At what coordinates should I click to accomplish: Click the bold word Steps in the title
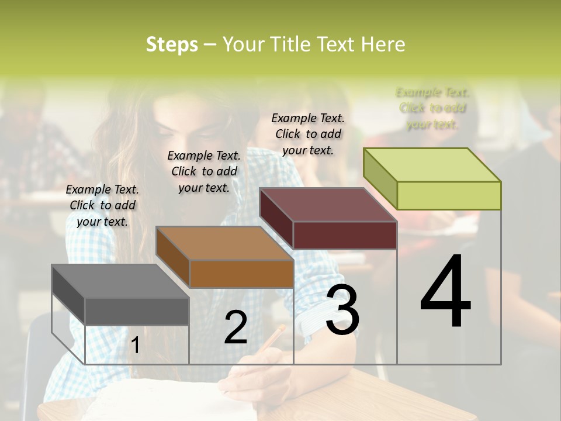[172, 44]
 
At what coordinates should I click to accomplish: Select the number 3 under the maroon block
[342, 310]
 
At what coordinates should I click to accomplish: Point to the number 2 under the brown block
[236, 327]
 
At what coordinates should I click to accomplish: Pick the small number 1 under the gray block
[135, 346]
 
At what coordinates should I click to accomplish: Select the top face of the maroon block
[328, 205]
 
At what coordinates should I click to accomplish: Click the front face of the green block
[449, 195]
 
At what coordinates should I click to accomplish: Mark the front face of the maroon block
[345, 235]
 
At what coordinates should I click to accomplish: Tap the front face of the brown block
[241, 274]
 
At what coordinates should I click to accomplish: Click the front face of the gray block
[137, 311]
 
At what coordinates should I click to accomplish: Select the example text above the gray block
[102, 205]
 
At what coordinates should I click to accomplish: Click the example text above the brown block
[204, 171]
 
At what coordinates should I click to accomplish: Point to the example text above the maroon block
[308, 134]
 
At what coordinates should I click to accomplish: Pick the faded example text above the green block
[432, 108]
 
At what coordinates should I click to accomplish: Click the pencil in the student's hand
[272, 339]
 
